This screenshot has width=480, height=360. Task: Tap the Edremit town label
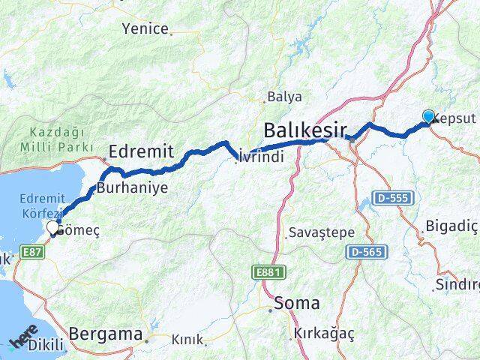[x=142, y=151]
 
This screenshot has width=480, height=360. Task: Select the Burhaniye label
[x=132, y=187]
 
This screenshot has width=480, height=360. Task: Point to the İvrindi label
[x=260, y=157]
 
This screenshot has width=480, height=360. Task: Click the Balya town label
[x=285, y=97]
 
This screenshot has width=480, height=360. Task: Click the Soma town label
[x=297, y=304]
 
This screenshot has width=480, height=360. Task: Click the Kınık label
[x=187, y=340]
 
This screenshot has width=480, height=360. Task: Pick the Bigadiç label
[x=451, y=226]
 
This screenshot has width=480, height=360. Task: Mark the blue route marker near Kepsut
[x=428, y=116]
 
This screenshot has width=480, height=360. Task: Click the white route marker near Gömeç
[x=52, y=227]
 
